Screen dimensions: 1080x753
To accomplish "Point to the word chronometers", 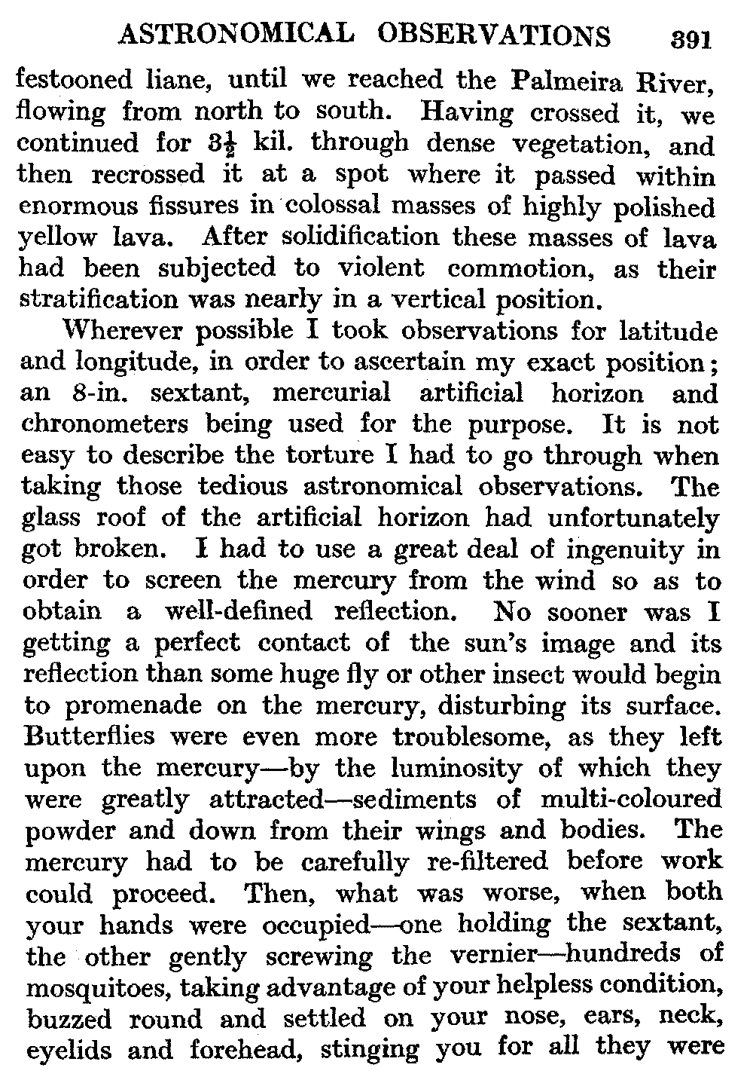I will pos(103,424).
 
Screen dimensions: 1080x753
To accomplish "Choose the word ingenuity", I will pos(623,550).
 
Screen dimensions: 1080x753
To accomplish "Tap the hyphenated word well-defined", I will pos(237,612).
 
